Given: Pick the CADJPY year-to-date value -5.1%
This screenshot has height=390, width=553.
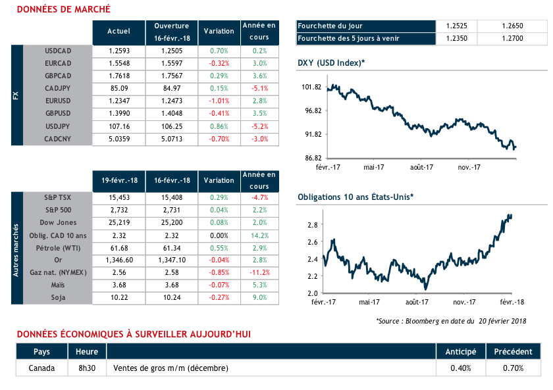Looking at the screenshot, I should tap(259, 88).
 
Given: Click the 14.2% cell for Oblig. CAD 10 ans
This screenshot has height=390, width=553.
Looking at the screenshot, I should tap(259, 235).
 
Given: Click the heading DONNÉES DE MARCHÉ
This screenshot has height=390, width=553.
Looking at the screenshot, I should tap(63, 10).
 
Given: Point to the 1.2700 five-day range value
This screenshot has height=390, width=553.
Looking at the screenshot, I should tap(512, 39).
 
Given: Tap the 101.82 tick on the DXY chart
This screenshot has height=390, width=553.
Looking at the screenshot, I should tap(311, 87).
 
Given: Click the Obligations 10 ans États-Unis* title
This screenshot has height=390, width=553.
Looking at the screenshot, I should tap(355, 197).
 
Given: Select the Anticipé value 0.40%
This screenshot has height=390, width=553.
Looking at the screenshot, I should tap(461, 368).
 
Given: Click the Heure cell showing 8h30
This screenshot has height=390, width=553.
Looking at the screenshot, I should tap(87, 368).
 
